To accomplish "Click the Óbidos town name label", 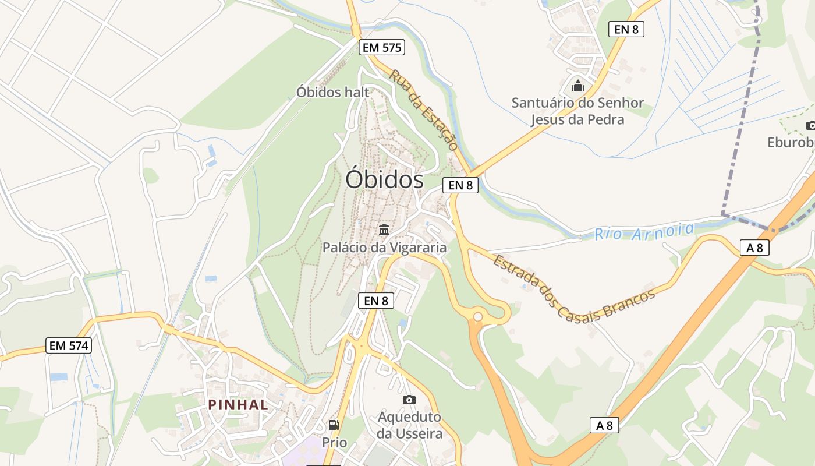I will (384, 179).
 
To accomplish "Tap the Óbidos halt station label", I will (332, 92).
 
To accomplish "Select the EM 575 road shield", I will (382, 48).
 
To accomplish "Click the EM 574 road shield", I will (69, 345).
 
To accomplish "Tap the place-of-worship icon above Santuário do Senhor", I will (577, 86).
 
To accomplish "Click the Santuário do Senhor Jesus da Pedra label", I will (577, 111).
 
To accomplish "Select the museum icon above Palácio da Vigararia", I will (384, 230).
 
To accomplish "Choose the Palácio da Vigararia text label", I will (384, 248).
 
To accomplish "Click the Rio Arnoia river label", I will (644, 231).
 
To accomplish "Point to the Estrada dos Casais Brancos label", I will (573, 287).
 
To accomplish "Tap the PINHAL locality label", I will (239, 404).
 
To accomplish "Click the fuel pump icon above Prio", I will (334, 426).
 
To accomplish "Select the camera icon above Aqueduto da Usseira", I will (409, 400).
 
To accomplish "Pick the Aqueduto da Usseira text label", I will (409, 425).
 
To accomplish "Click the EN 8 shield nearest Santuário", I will (626, 29).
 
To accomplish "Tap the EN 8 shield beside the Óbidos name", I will (460, 185).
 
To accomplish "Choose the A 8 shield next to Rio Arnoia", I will (754, 248).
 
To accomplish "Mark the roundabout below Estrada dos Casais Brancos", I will (478, 316).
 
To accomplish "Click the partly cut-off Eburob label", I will (791, 142).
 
